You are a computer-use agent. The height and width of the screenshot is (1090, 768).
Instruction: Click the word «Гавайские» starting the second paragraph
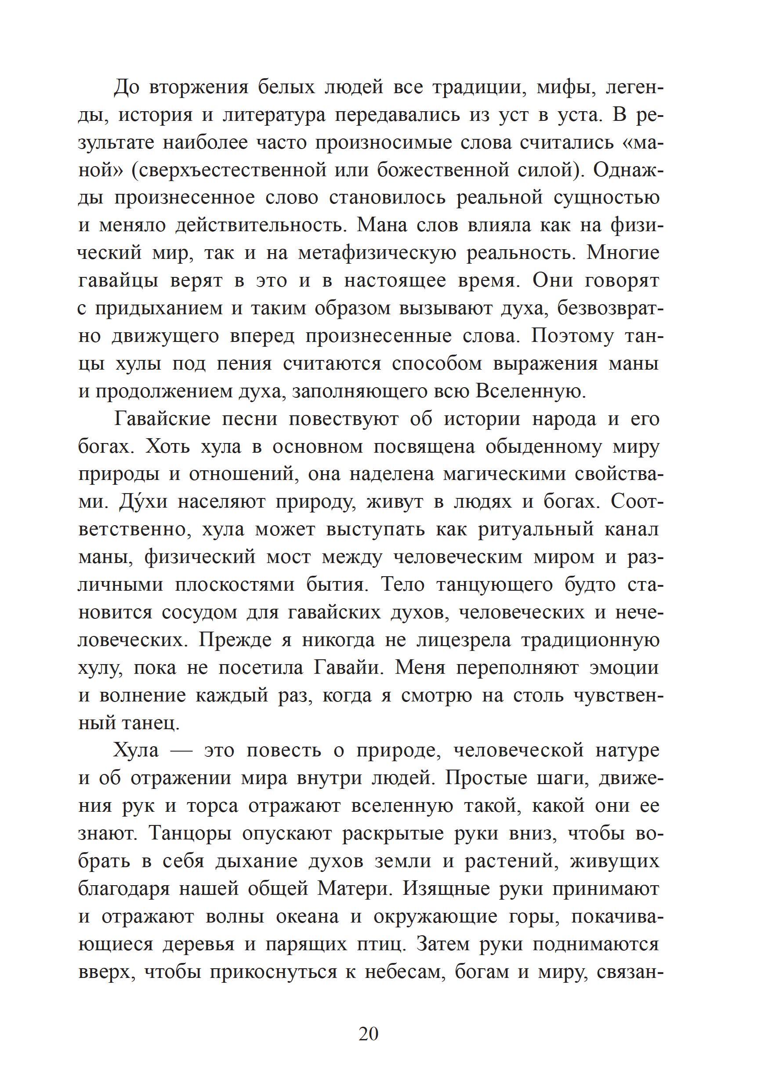point(162,419)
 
